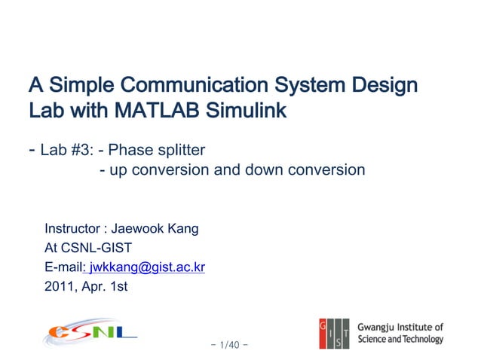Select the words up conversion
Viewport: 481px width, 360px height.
point(161,169)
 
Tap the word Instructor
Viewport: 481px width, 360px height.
point(72,228)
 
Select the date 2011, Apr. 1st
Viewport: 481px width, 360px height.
point(86,285)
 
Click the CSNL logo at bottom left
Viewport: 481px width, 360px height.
point(90,331)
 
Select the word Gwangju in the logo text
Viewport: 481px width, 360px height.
point(378,328)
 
